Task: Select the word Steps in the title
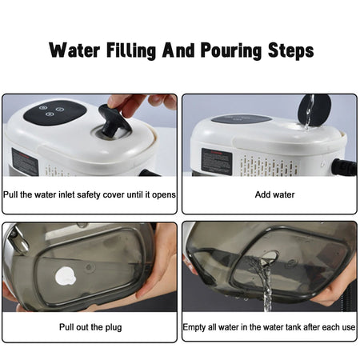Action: pyautogui.click(x=285, y=50)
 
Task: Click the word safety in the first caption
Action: pyautogui.click(x=94, y=194)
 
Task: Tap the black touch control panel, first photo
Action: pyautogui.click(x=54, y=112)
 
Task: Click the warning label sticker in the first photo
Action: pyautogui.click(x=24, y=162)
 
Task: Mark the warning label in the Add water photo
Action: pyautogui.click(x=216, y=160)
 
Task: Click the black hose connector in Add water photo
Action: pyautogui.click(x=345, y=167)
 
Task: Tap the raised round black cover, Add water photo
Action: pyautogui.click(x=314, y=109)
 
